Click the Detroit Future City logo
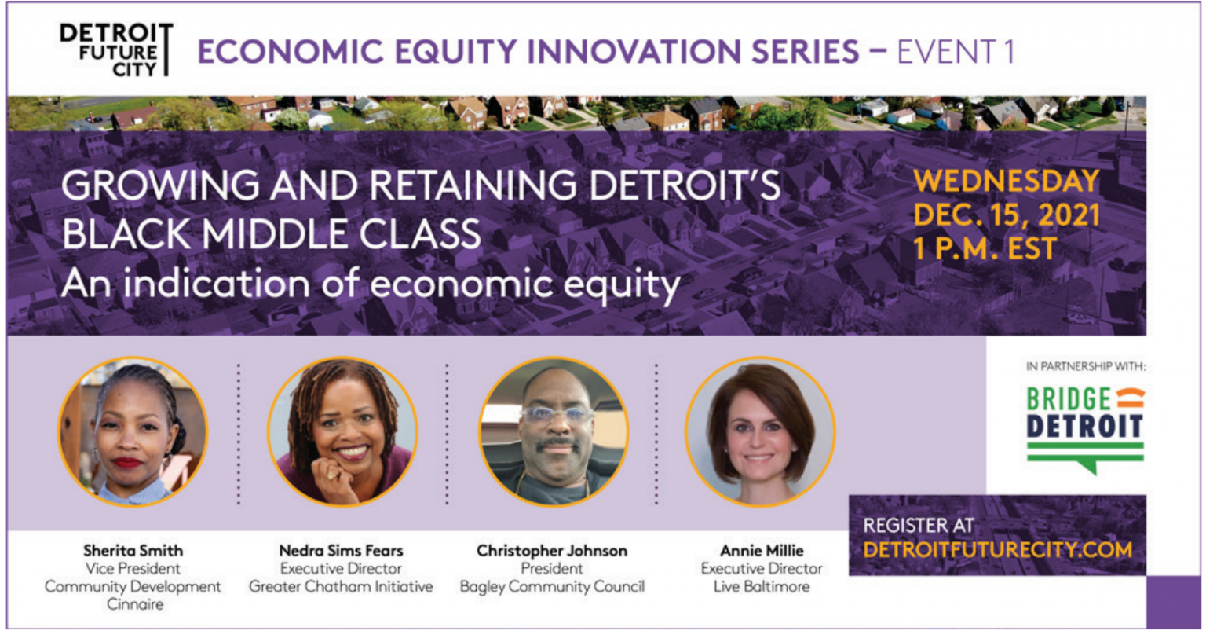pyautogui.click(x=115, y=50)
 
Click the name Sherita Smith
pyautogui.click(x=133, y=551)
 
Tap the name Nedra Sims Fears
pyautogui.click(x=341, y=551)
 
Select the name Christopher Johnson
pyautogui.click(x=552, y=551)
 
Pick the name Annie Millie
pyautogui.click(x=762, y=551)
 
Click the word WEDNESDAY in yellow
pyautogui.click(x=1007, y=182)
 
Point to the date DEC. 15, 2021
pyautogui.click(x=1007, y=215)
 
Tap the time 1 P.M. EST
pyautogui.click(x=985, y=249)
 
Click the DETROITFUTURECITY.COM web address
pyautogui.click(x=997, y=549)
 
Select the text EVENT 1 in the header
pyautogui.click(x=956, y=52)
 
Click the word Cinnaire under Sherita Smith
pyautogui.click(x=135, y=604)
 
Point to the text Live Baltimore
pyautogui.click(x=762, y=586)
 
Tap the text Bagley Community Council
pyautogui.click(x=552, y=586)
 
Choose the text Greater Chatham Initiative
pyautogui.click(x=341, y=586)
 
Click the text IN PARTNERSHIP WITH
pyautogui.click(x=1085, y=366)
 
